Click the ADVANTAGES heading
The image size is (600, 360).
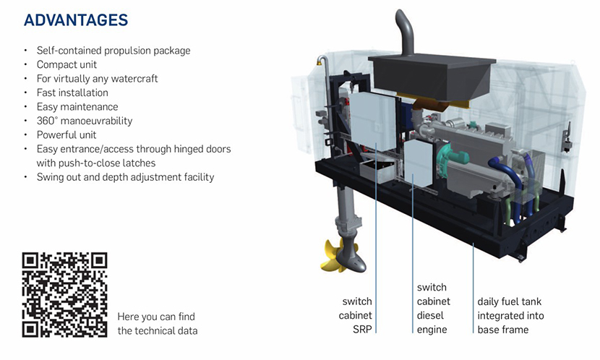coord(76,20)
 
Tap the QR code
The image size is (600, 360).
coord(64,294)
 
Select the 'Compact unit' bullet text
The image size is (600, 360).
coord(67,65)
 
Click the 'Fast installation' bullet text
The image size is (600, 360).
coord(72,93)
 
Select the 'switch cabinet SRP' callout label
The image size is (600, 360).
coord(357,315)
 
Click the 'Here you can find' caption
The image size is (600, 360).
coord(156,317)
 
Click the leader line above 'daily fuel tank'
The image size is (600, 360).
coord(474,267)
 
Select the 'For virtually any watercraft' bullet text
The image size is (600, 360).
coord(97,79)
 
